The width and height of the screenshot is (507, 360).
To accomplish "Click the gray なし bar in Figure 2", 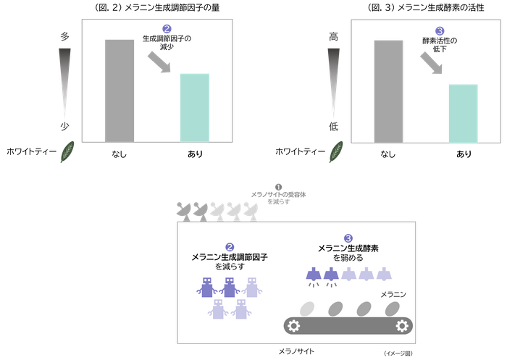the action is pos(120,91).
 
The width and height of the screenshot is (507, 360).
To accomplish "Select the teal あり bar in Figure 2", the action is pos(195,108).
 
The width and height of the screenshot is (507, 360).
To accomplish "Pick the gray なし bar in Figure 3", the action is pos(388,91).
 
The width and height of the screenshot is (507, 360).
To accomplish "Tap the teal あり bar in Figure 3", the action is pos(464,114).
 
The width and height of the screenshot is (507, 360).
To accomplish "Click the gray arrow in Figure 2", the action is pos(159,62).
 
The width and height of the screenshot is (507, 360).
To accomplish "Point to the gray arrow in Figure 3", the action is pos(431,64).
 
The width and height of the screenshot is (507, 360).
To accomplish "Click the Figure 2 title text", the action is pos(157,7).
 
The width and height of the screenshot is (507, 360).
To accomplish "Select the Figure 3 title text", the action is pos(426,7).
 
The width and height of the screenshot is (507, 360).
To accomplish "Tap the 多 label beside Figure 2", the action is pos(64,36).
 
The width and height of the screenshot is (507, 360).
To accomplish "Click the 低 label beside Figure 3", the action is pos(333,126).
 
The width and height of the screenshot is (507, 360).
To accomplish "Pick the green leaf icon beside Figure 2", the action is pos(67,151).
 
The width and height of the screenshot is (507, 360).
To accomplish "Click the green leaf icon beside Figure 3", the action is pos(336,151).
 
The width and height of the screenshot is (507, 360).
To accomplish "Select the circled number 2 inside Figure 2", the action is pos(167,29).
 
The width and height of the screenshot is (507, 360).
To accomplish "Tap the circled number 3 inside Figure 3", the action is pos(440,31).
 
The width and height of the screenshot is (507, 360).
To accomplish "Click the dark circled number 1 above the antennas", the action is pos(278,187).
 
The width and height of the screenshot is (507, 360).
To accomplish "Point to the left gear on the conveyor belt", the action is pos(293,326).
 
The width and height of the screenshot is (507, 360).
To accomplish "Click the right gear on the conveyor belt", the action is pos(402,326).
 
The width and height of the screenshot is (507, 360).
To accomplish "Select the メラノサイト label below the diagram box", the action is pos(296,351).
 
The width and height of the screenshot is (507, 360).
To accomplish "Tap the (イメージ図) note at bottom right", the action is pos(398,353).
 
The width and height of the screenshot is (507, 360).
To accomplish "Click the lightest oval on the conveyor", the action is pos(307,309).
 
